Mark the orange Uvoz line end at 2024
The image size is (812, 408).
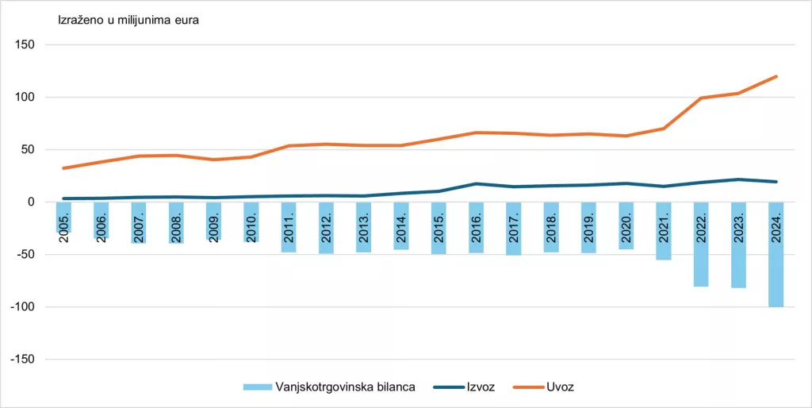point(776,77)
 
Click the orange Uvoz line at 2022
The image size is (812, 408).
point(701,98)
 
